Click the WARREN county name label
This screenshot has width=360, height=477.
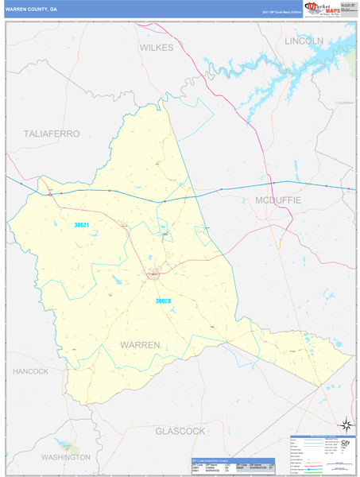coord(140,344)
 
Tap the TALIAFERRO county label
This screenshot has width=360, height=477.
coord(52,134)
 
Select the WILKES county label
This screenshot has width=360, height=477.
coord(156,47)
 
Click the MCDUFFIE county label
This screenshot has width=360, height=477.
coord(278,200)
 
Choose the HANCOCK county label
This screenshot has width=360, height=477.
coord(31,371)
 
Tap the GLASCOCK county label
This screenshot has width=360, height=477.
coord(180,430)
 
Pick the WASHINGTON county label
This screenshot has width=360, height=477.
coord(65,458)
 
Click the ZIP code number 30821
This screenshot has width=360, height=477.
coord(83,225)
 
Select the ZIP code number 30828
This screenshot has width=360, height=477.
coord(163,301)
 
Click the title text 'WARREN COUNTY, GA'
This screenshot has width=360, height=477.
coord(32,9)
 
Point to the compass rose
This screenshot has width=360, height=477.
coord(345,425)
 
